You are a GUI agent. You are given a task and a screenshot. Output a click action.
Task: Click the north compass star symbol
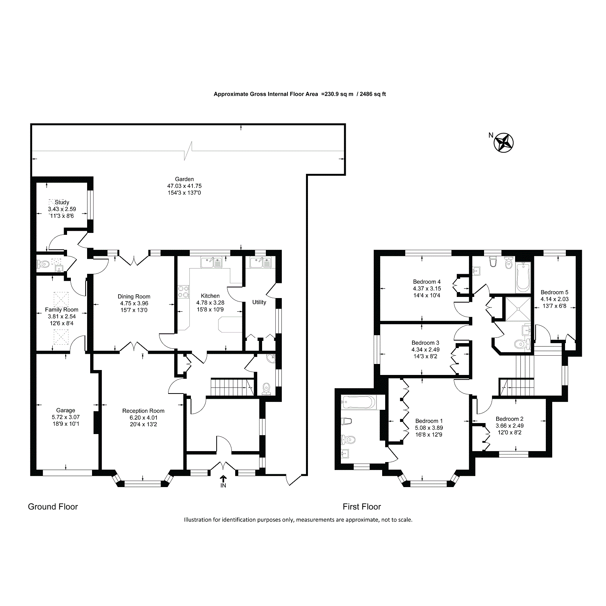[504, 143]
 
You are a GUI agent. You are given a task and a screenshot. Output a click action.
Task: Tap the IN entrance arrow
[223, 479]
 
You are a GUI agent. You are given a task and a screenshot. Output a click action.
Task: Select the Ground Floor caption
[53, 507]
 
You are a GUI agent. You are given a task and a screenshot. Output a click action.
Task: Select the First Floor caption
[362, 507]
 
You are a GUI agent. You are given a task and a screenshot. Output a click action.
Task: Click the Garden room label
[184, 179]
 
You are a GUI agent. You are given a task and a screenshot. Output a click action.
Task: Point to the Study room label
[62, 202]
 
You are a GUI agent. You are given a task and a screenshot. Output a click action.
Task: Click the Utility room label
[259, 302]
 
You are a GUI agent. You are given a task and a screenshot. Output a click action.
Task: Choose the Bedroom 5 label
[554, 292]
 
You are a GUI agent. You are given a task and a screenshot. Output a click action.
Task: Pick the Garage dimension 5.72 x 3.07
[66, 417]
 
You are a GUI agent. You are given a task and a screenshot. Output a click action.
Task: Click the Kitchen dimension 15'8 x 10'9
[210, 309]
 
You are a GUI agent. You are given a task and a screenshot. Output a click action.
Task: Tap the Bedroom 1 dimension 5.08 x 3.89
[429, 428]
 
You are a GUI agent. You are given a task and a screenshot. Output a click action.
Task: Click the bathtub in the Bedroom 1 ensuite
[358, 402]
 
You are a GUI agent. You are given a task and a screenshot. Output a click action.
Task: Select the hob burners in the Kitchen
[184, 292]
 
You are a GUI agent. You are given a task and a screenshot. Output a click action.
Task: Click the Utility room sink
[261, 262]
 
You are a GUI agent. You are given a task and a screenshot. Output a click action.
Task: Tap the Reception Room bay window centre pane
[143, 483]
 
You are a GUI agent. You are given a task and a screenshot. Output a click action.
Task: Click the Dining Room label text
[134, 297]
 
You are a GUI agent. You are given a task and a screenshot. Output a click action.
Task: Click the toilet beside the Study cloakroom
[43, 264]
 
